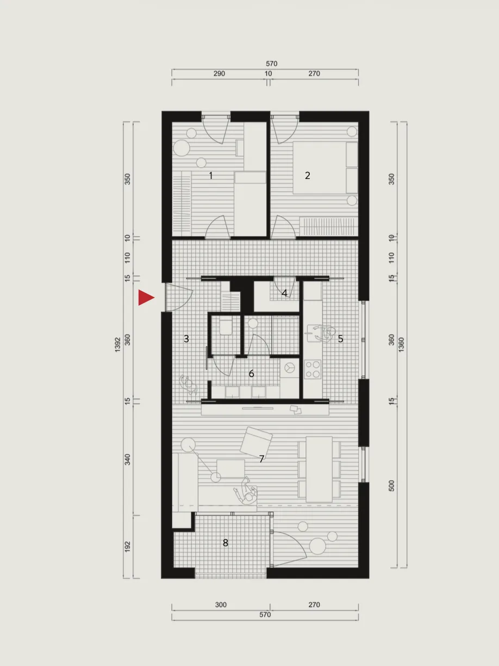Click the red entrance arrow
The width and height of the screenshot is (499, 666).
(x=146, y=297)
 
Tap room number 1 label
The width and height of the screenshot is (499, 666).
(x=211, y=175)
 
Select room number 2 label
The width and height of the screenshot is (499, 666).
(x=308, y=175)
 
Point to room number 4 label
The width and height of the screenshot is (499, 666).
(x=284, y=293)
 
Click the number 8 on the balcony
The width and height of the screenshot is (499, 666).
(x=226, y=543)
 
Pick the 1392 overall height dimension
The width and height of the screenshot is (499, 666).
(x=118, y=344)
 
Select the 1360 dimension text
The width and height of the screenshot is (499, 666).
(x=401, y=344)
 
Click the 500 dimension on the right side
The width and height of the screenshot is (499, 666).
(x=391, y=486)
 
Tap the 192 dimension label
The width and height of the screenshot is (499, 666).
(x=128, y=546)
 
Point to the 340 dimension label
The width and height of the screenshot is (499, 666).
(x=128, y=459)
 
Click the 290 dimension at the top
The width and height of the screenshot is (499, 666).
(x=219, y=73)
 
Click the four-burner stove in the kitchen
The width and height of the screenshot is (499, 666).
(x=313, y=369)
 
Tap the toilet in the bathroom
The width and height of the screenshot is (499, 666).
(x=226, y=327)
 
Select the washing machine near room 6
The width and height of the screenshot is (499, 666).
(x=289, y=368)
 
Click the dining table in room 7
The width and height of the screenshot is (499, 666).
(x=319, y=469)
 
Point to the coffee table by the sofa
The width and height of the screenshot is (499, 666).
(x=230, y=468)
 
